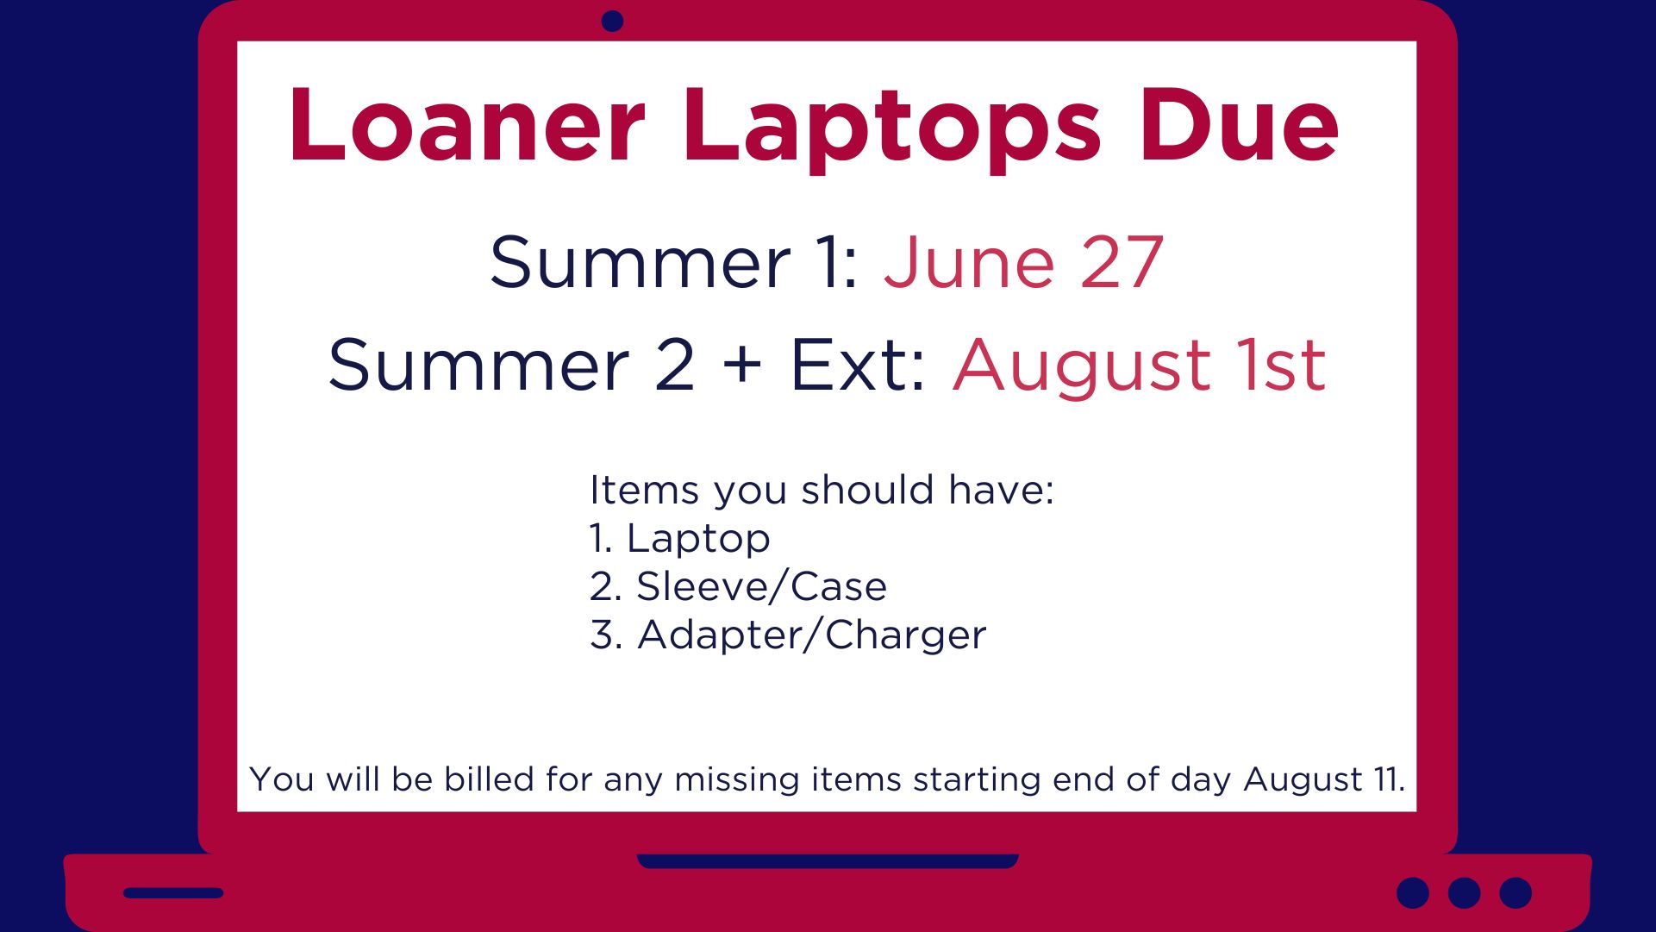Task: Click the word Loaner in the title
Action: [467, 124]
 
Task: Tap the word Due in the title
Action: [1239, 124]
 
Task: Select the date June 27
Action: [1024, 262]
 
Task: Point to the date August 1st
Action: [1139, 366]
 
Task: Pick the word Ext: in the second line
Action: [858, 364]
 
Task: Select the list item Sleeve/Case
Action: [761, 586]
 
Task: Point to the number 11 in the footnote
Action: [1385, 779]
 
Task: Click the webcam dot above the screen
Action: [612, 21]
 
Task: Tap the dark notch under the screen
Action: [828, 860]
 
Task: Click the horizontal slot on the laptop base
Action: [173, 893]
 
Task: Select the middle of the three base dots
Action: [1464, 893]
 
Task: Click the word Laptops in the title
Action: [892, 129]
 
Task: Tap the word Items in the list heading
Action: [644, 489]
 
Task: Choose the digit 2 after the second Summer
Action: [675, 364]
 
